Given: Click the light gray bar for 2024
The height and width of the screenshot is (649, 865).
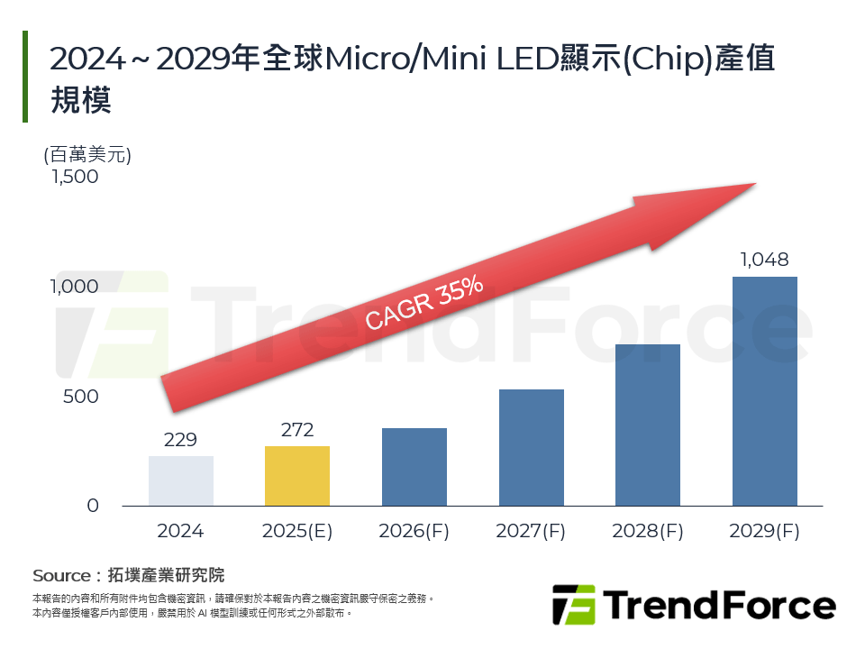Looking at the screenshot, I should coord(181,481).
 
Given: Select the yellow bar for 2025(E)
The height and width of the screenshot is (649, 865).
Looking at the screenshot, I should coord(297,476).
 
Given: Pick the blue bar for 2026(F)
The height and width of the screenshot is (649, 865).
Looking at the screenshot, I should coord(414,467).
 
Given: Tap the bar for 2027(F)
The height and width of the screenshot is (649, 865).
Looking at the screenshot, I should coord(531,448).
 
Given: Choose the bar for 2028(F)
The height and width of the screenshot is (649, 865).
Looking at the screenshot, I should coord(648,425).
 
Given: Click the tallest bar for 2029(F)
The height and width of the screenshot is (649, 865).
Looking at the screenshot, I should coord(764,391).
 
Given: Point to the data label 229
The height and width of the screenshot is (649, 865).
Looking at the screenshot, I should coord(181,440).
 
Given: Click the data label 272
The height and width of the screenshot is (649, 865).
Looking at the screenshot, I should coord(297,430).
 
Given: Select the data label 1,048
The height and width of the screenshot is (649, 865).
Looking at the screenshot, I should coord(764,261).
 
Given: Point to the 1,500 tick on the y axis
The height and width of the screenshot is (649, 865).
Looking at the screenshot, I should coord(76,177).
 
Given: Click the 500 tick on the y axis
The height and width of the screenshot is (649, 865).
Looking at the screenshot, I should coord(80,397).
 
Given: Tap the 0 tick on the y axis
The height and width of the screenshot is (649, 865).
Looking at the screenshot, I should coord(93,507).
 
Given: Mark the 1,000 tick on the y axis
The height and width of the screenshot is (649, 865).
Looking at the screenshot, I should coord(76,287).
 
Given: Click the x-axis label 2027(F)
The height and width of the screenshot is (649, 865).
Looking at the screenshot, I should coord(531,532).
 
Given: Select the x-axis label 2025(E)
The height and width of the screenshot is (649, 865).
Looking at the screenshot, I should coord(297,532).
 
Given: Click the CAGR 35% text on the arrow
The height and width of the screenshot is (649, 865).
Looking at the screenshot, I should coord(424,304).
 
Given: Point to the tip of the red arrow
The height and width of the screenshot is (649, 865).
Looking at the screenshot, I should coord(753,185).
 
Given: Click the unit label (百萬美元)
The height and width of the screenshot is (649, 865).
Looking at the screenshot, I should coord(87,154).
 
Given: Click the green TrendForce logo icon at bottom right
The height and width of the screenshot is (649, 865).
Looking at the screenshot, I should coord(574,605).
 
